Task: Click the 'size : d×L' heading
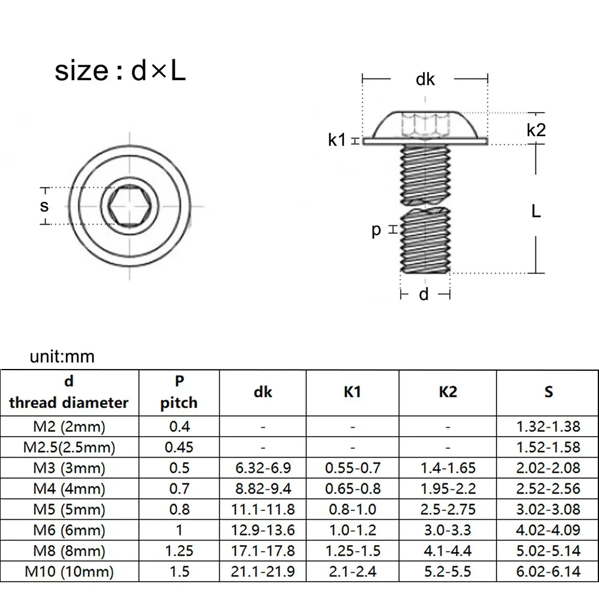[120, 71]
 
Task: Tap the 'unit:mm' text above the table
[62, 357]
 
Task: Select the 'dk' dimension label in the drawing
[425, 78]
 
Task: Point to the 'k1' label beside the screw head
[337, 140]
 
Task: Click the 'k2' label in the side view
[536, 130]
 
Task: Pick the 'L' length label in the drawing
[536, 211]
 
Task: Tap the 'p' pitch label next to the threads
[376, 229]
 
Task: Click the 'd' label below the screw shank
[424, 294]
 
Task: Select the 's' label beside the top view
[44, 205]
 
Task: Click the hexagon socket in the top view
[131, 206]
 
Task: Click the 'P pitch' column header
[179, 392]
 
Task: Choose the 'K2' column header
[447, 392]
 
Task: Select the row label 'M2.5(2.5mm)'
[69, 447]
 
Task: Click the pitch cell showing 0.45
[179, 447]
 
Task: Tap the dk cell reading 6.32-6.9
[263, 468]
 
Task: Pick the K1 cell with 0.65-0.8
[353, 489]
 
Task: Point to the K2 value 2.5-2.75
[447, 510]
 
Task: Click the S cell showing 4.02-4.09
[548, 530]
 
